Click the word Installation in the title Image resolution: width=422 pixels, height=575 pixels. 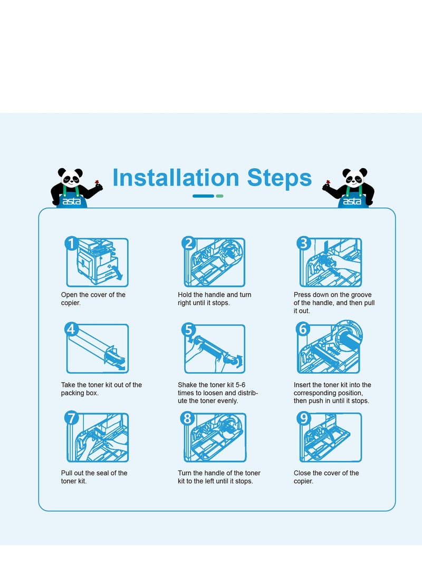click(x=176, y=178)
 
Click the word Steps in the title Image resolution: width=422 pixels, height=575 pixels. click(x=279, y=178)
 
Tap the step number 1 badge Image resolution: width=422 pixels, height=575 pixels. click(x=71, y=243)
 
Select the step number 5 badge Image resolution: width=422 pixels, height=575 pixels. click(x=188, y=329)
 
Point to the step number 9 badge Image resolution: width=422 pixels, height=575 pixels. click(x=303, y=418)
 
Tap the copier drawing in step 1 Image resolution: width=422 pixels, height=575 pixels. click(x=98, y=262)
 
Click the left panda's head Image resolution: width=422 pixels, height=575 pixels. click(x=71, y=178)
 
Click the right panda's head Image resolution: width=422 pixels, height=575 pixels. click(x=354, y=178)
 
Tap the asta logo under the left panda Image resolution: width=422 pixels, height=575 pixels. click(x=71, y=201)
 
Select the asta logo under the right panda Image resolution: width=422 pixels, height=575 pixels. click(x=352, y=201)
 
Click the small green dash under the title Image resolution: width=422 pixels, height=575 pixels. click(x=219, y=196)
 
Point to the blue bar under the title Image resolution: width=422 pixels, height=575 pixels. click(x=203, y=196)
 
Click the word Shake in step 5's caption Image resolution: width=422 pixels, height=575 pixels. click(x=187, y=385)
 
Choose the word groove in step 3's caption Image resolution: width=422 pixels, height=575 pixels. click(x=361, y=295)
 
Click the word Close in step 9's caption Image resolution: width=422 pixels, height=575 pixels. click(x=302, y=473)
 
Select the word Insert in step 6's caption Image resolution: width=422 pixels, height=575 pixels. click(x=302, y=385)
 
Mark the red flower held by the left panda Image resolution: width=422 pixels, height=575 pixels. click(x=97, y=182)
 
